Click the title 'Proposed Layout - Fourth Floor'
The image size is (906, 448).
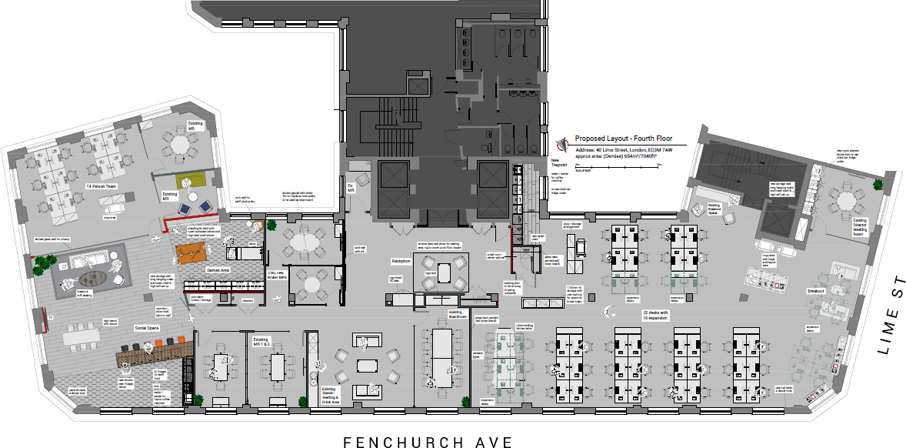(x=623, y=139)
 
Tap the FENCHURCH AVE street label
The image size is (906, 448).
(x=428, y=442)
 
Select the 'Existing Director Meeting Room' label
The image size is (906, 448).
(x=859, y=228)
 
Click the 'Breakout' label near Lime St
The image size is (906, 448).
(x=815, y=292)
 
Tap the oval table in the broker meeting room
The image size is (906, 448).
(x=305, y=242)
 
